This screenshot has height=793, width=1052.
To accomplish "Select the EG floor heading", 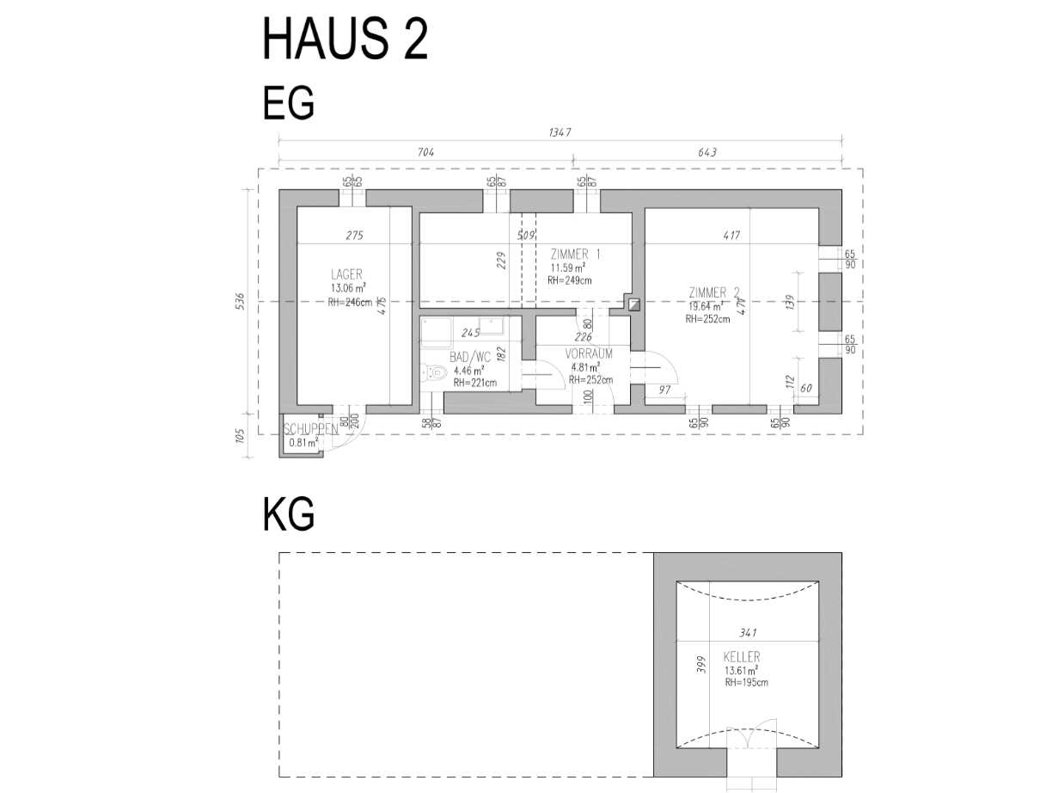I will [288, 104].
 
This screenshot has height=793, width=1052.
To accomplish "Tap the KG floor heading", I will [288, 514].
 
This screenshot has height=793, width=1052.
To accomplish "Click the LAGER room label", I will [346, 274].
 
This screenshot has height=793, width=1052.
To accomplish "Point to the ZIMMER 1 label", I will [575, 255].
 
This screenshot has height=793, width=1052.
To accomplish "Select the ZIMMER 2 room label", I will [713, 292].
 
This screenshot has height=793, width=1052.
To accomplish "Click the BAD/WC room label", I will [470, 357].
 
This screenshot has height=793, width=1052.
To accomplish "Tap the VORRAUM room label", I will [589, 353].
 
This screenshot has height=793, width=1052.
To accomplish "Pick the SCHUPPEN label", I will [309, 428].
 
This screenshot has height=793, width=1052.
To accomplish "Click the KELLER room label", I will [741, 657].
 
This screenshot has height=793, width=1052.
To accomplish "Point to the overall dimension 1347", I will [560, 132].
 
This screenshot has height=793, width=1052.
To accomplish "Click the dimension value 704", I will [425, 152].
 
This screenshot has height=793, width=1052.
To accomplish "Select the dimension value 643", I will [706, 152].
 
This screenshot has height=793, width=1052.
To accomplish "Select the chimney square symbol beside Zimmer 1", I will [633, 303].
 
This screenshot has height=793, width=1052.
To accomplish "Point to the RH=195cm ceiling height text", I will [745, 682].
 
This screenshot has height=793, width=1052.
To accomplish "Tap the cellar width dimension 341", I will [748, 633].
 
